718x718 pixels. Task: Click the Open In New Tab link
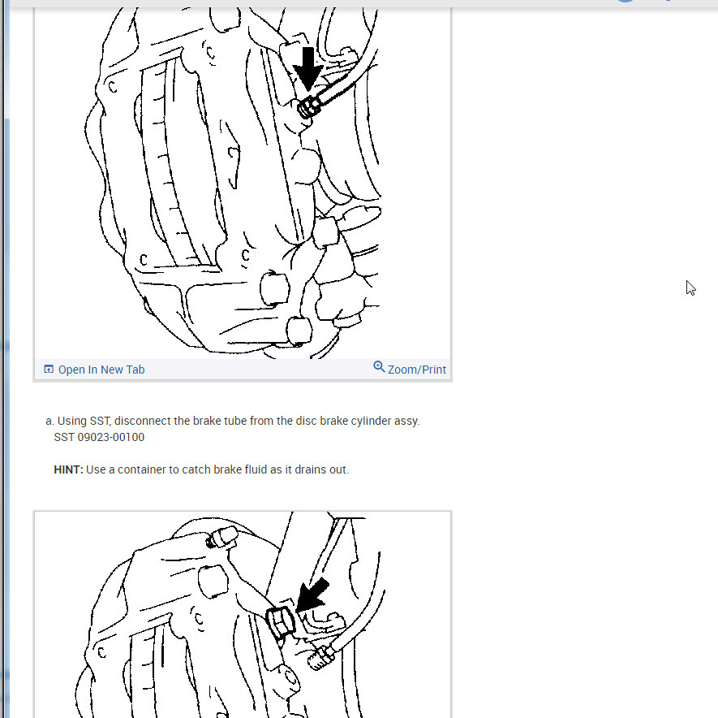[101, 370]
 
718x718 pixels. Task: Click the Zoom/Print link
[416, 370]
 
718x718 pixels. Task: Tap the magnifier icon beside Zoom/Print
[379, 367]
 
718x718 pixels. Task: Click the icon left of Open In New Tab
[49, 370]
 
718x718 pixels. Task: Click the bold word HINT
[68, 469]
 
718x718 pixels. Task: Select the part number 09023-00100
[110, 437]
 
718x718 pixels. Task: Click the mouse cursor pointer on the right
[690, 288]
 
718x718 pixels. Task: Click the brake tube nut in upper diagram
[307, 106]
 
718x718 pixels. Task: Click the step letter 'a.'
[49, 421]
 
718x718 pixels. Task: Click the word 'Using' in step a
[72, 421]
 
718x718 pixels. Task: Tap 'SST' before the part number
[64, 437]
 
